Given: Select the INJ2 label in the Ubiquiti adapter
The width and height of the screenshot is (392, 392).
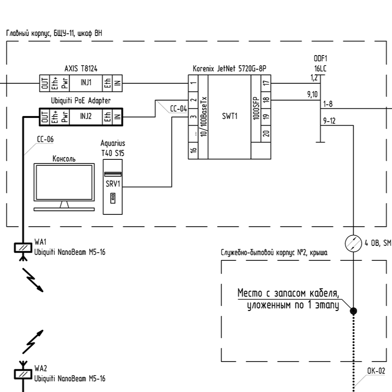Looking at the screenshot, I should (86, 116).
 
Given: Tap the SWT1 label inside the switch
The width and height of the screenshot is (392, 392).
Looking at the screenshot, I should (229, 116).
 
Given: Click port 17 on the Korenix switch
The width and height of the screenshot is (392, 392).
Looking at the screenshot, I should (266, 84).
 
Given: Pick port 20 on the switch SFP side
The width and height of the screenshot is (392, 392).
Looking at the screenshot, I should (266, 133).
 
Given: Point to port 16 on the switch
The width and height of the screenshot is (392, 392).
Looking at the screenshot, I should (193, 150).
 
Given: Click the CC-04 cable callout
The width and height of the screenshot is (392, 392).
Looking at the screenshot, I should (178, 109).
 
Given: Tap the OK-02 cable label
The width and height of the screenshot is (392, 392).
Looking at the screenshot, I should (376, 371).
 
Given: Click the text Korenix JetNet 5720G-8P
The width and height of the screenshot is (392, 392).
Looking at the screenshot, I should (229, 69).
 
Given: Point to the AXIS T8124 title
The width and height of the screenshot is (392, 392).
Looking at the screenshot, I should (81, 68).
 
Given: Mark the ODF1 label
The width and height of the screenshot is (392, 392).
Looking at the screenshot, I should (321, 58).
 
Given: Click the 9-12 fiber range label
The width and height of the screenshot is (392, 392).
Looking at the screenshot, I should (329, 121).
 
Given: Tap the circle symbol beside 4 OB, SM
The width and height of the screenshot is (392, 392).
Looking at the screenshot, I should (354, 244).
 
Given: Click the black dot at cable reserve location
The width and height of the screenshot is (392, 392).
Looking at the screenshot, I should (354, 311).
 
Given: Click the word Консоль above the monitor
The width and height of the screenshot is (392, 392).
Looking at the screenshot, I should (64, 159).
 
